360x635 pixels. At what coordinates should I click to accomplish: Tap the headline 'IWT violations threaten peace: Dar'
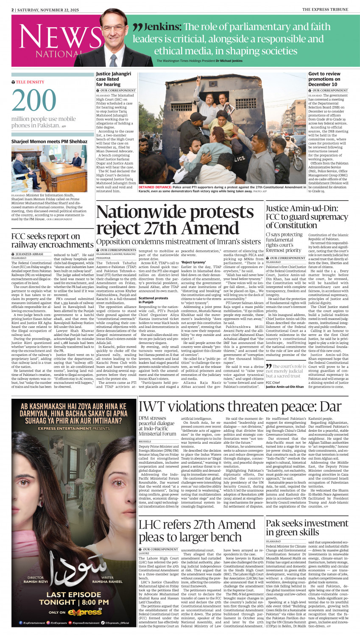pos(240,241)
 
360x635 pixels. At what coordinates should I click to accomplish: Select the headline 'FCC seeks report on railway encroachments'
pos(52,240)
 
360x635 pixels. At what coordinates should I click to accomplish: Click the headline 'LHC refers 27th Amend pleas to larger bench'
pos(197,531)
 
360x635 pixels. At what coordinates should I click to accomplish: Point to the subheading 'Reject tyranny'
pos(193,263)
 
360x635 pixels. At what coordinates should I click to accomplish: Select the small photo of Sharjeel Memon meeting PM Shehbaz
pos(49,168)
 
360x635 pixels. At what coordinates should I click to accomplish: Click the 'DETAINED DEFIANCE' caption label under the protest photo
pos(153,187)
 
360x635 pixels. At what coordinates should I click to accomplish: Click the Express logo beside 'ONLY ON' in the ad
pos(87,612)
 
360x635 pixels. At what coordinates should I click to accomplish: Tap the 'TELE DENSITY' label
pos(30,82)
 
